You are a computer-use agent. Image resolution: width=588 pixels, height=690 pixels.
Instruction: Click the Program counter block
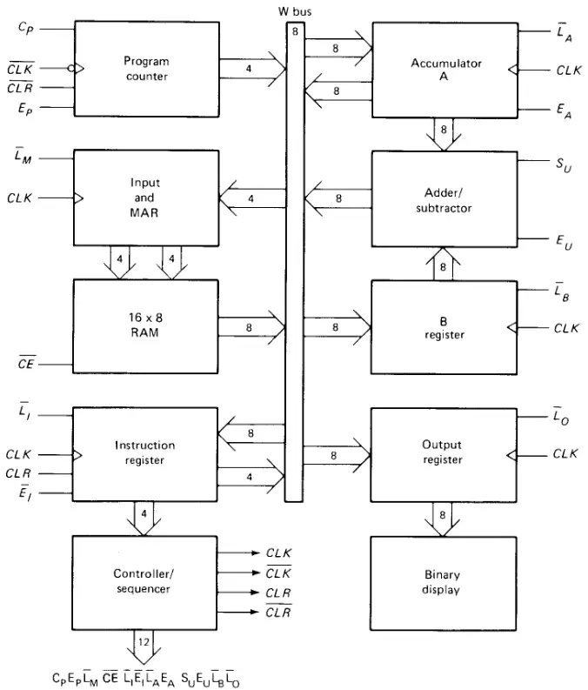pyautogui.click(x=147, y=69)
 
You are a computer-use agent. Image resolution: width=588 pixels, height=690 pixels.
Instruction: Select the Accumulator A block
pyautogui.click(x=445, y=70)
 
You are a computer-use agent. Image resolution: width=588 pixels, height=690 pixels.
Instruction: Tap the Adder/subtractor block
pyautogui.click(x=444, y=199)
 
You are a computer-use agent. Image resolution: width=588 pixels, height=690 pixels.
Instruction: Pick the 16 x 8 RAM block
pyautogui.click(x=145, y=326)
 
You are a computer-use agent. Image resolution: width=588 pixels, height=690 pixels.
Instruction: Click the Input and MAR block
pyautogui.click(x=146, y=198)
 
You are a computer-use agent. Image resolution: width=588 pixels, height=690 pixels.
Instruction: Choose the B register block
pyautogui.click(x=444, y=327)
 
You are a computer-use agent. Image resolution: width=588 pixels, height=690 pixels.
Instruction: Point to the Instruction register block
pyautogui.click(x=144, y=454)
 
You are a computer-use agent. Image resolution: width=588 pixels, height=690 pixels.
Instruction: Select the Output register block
pyautogui.click(x=444, y=455)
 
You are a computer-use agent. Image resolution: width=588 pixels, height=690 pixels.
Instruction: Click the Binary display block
pyautogui.click(x=444, y=584)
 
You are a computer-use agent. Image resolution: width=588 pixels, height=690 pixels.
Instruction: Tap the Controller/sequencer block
pyautogui.click(x=144, y=583)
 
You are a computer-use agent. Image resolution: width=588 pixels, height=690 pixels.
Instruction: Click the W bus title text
pyautogui.click(x=295, y=12)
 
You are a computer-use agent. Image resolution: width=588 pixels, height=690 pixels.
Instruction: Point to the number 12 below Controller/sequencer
pyautogui.click(x=144, y=642)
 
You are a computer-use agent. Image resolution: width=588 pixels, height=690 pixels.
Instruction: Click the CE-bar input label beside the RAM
pyautogui.click(x=26, y=363)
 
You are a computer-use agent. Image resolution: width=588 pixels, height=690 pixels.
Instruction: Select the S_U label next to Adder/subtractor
pyautogui.click(x=564, y=165)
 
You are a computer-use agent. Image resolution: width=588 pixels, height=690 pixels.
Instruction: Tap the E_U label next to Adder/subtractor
pyautogui.click(x=565, y=242)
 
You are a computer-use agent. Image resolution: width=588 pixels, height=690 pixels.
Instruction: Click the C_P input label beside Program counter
pyautogui.click(x=25, y=28)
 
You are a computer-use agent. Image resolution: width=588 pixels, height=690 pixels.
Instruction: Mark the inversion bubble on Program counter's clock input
pyautogui.click(x=71, y=68)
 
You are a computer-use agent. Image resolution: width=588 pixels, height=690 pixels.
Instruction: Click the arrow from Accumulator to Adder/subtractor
pyautogui.click(x=444, y=134)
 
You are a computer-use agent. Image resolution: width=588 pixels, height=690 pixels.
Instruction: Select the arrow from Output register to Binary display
pyautogui.click(x=443, y=519)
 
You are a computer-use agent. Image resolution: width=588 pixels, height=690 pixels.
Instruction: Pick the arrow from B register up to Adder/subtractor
pyautogui.click(x=444, y=264)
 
